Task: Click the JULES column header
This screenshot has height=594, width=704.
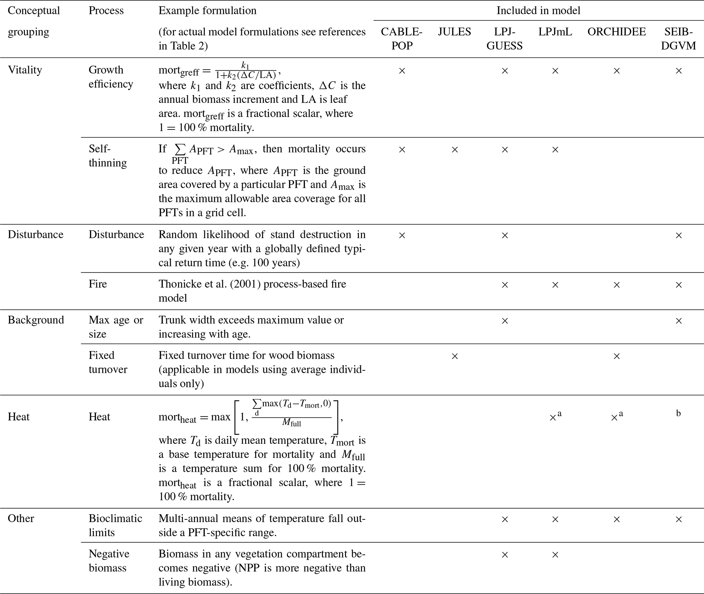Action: pyautogui.click(x=454, y=32)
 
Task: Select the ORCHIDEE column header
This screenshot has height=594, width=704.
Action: pyautogui.click(x=616, y=32)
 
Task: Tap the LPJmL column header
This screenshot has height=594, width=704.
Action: pyautogui.click(x=555, y=32)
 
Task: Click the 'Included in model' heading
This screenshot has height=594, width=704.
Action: pyautogui.click(x=538, y=11)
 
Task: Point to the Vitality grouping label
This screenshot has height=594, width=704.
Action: pyautogui.click(x=25, y=70)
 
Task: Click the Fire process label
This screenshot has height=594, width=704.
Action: pyautogui.click(x=98, y=284)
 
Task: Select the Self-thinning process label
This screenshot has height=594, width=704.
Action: pyautogui.click(x=108, y=156)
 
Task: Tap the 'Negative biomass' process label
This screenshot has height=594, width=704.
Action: pyautogui.click(x=109, y=561)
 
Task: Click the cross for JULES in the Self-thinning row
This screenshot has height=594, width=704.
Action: pyautogui.click(x=455, y=150)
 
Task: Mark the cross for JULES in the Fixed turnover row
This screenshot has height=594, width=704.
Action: pyautogui.click(x=455, y=356)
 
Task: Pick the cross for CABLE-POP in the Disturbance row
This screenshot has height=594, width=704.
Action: pyautogui.click(x=402, y=235)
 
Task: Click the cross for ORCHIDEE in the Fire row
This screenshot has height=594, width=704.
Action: pyautogui.click(x=616, y=285)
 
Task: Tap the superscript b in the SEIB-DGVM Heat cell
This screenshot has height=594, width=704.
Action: pyautogui.click(x=678, y=413)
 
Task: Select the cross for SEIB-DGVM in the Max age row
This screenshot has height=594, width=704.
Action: pyautogui.click(x=679, y=321)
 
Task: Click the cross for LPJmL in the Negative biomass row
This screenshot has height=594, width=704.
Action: pyautogui.click(x=555, y=555)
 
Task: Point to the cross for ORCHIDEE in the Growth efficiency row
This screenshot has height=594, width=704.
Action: pyautogui.click(x=616, y=71)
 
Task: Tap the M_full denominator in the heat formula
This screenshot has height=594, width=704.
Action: pyautogui.click(x=292, y=423)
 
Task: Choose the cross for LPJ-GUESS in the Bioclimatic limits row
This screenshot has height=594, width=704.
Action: pyautogui.click(x=505, y=519)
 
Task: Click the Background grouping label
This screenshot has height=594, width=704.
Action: pyautogui.click(x=36, y=320)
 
